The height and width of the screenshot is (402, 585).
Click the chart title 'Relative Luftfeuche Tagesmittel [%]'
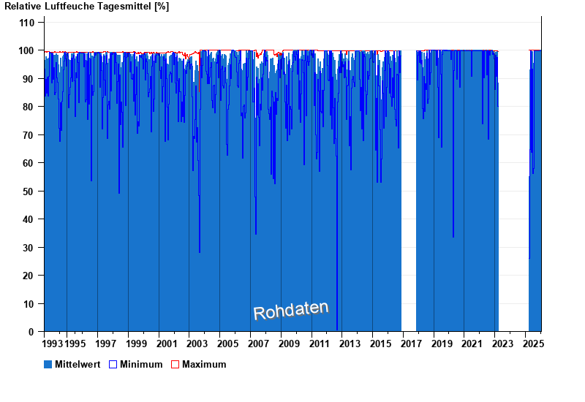87,7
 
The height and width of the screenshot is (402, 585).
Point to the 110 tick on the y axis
27,23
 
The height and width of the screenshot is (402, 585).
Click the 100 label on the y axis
27,50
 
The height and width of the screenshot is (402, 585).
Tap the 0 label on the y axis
31,332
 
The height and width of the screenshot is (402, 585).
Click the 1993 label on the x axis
53,344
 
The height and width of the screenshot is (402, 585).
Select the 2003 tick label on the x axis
197,344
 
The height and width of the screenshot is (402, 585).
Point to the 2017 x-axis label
412,344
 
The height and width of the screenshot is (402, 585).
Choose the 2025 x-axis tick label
533,344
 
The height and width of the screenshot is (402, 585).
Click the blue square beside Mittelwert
48,364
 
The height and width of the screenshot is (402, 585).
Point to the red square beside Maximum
175,364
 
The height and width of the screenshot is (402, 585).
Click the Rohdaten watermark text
290,311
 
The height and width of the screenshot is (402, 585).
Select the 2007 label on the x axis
258,344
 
